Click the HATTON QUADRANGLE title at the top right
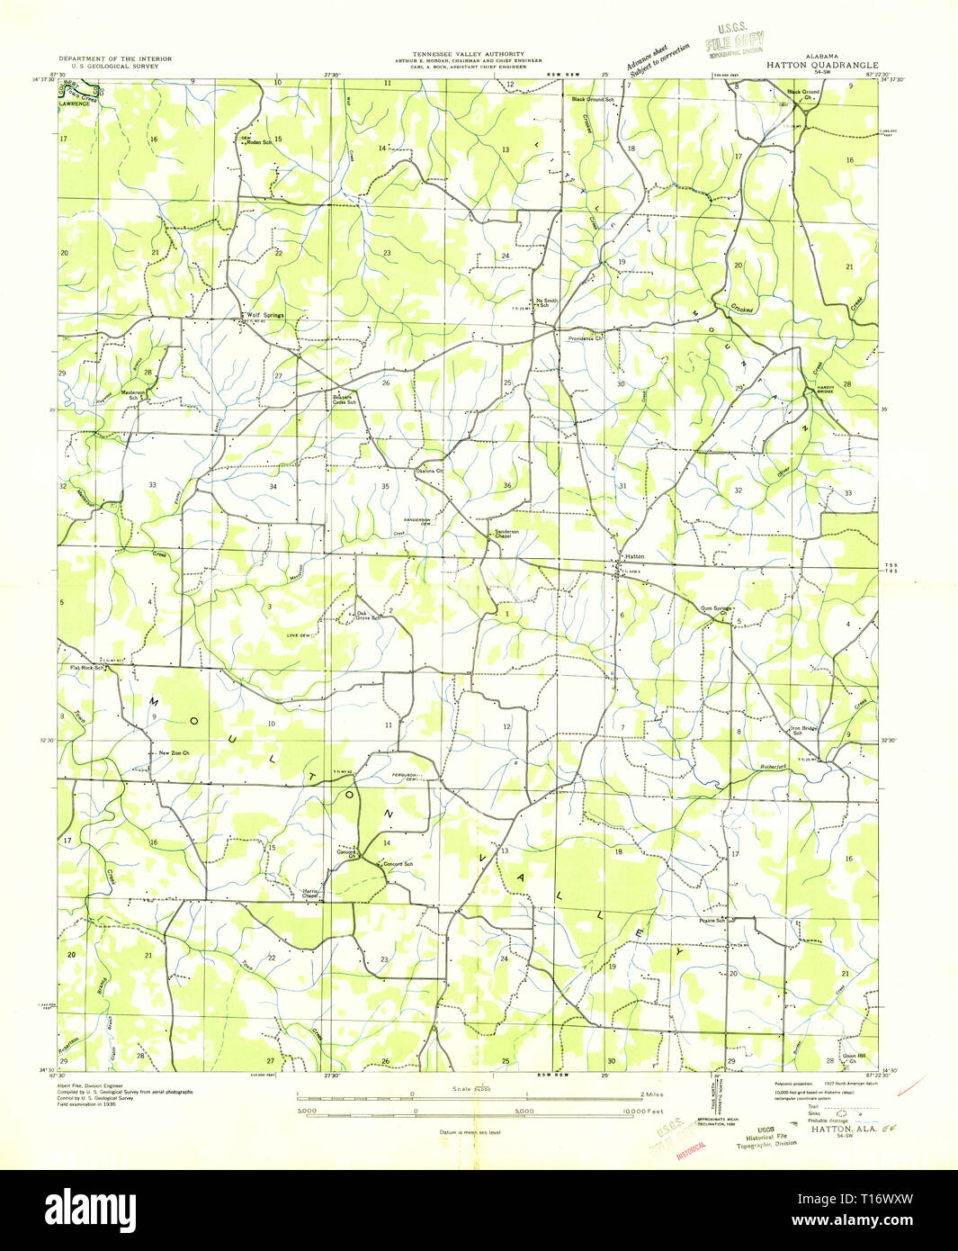822,65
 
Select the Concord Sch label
398,864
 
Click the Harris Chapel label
311,894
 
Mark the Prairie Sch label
711,921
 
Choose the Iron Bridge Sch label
803,731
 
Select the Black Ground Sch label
593,99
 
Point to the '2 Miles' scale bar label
651,1094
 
